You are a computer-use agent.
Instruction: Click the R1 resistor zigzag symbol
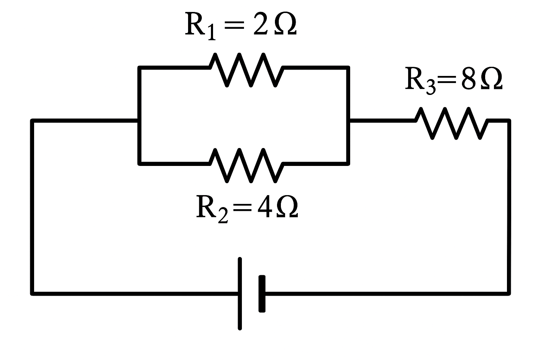click(x=246, y=69)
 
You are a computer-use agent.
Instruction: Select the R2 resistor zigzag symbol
click(x=246, y=165)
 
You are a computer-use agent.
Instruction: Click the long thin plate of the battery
click(x=240, y=294)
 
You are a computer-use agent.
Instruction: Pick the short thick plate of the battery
click(x=262, y=294)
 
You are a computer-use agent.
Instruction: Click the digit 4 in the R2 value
click(x=263, y=207)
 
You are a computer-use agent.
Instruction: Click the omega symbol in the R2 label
click(x=287, y=207)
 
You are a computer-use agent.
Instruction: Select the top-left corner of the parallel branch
click(x=140, y=68)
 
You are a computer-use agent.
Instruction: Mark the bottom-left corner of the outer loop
click(x=32, y=293)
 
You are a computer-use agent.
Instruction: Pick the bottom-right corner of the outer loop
click(x=509, y=293)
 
